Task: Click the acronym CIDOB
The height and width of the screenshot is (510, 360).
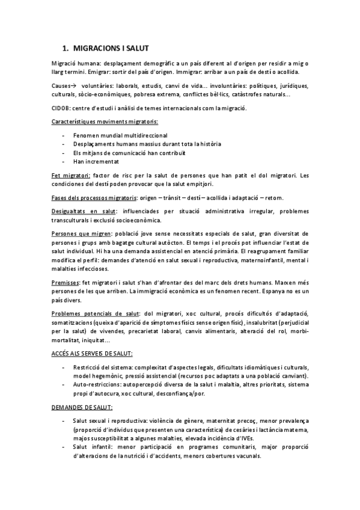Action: pos(61,108)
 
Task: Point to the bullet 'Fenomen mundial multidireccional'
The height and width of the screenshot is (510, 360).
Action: pos(120,135)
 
